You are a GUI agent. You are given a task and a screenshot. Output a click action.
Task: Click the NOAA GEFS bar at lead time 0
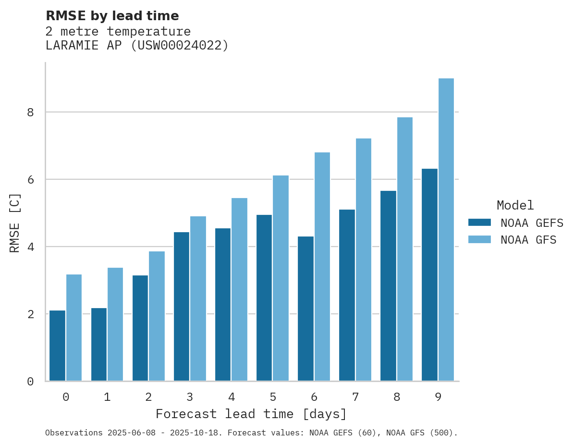coord(57,346)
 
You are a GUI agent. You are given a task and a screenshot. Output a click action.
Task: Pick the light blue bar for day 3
coord(198,298)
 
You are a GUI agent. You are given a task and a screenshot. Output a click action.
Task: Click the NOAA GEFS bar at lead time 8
coord(388,286)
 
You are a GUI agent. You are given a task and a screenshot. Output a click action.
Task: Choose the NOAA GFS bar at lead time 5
coord(281,278)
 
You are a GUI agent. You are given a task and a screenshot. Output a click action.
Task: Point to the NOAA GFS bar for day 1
coord(115,324)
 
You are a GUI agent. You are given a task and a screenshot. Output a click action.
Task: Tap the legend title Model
coord(515,205)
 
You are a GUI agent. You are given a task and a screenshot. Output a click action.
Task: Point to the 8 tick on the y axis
coord(30,112)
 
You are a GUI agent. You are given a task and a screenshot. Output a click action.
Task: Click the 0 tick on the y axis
coord(30,382)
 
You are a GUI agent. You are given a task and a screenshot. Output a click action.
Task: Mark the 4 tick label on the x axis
coord(231,397)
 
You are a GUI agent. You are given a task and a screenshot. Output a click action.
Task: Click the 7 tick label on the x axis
coord(355,397)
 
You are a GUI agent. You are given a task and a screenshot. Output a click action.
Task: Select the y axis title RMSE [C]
coord(15,223)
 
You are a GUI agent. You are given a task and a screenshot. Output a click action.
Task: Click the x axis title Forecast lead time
coord(251,414)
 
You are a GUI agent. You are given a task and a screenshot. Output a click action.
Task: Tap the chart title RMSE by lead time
coord(112,16)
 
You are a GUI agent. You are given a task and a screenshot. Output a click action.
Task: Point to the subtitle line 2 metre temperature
coord(118,32)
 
